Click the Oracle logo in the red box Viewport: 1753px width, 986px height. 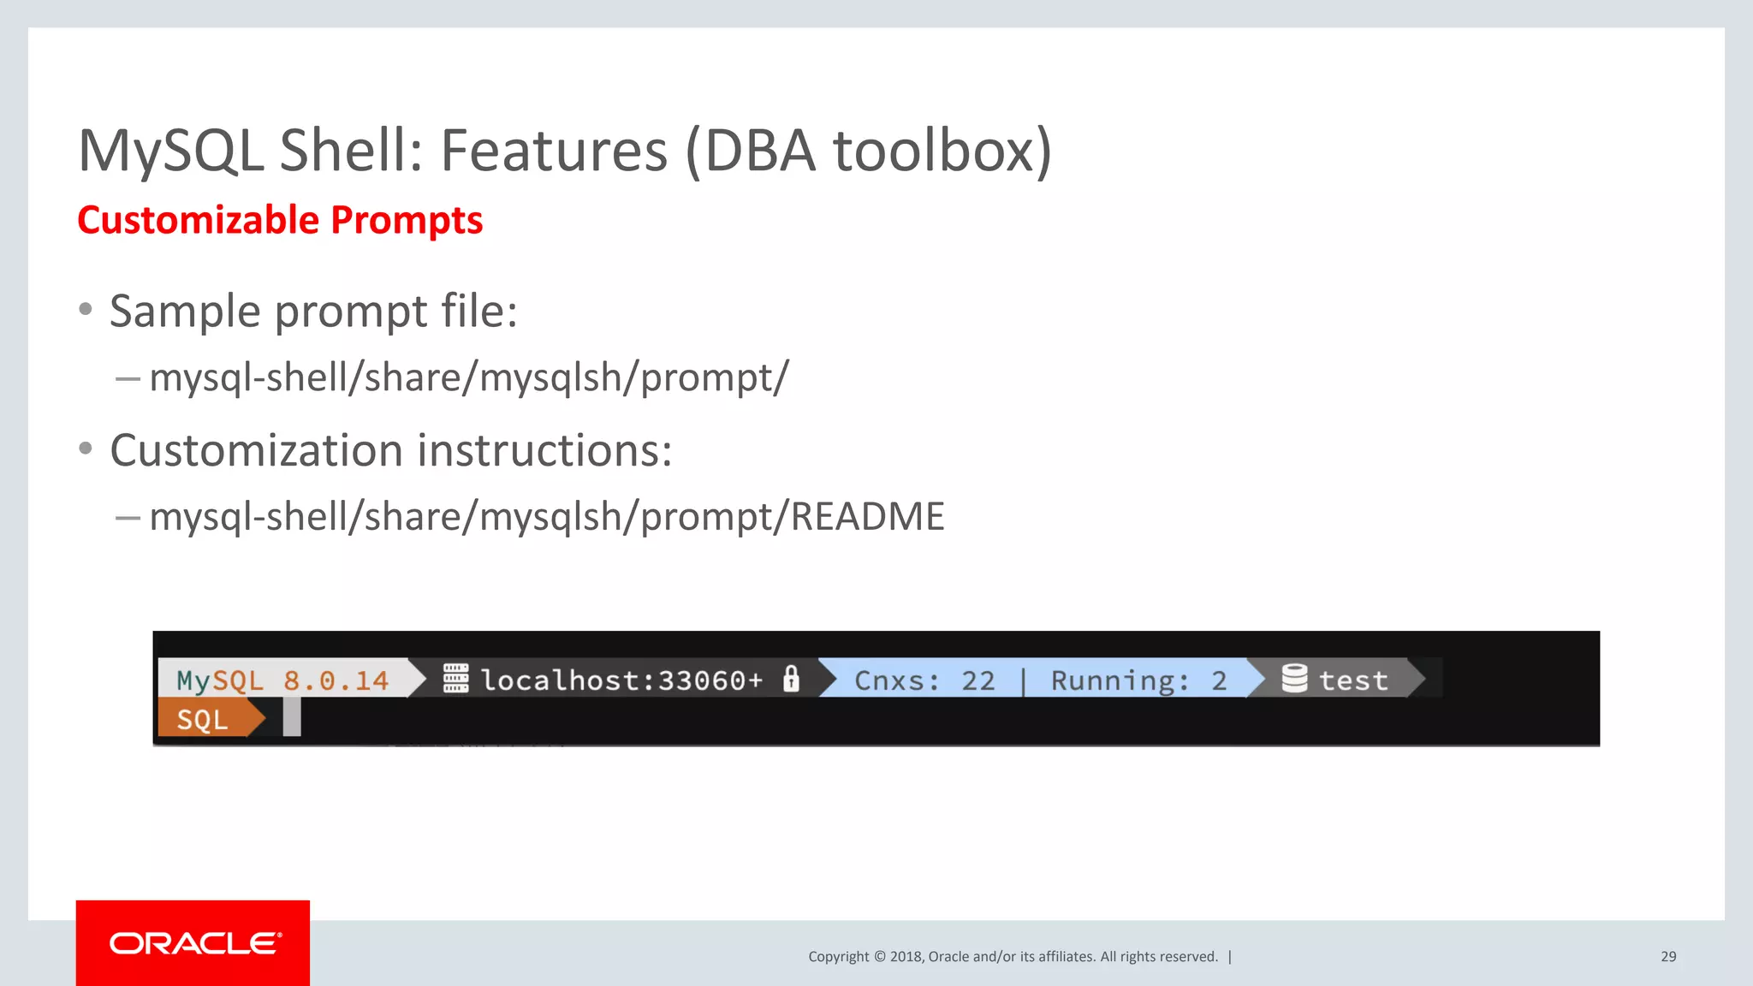[x=195, y=943]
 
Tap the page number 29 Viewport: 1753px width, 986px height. [x=1668, y=957]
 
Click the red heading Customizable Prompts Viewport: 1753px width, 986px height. [x=280, y=220]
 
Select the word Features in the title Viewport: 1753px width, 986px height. [x=553, y=151]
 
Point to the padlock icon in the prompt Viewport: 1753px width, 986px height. [x=792, y=679]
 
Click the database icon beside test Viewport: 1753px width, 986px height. [x=1294, y=679]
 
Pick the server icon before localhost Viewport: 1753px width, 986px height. [x=455, y=679]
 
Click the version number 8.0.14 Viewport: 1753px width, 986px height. [x=336, y=681]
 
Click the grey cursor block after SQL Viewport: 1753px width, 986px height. [x=292, y=717]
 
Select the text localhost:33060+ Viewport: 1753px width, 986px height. [x=621, y=680]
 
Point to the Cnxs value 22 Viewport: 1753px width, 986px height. [x=978, y=681]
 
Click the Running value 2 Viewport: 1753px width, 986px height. [x=1219, y=681]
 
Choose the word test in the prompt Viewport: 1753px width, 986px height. [x=1353, y=681]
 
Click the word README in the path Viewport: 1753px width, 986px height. [x=867, y=517]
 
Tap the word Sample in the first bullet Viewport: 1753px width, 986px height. [x=185, y=311]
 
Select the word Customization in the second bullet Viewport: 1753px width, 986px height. [x=256, y=450]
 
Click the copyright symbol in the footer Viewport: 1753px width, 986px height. [x=879, y=957]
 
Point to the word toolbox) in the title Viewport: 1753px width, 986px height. [x=942, y=151]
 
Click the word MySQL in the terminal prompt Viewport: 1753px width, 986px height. [x=220, y=681]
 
